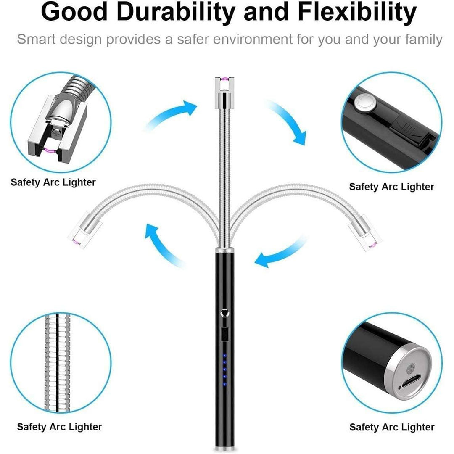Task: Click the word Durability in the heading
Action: [x=175, y=13]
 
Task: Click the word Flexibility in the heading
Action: [x=357, y=13]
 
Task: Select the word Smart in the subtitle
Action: [x=36, y=39]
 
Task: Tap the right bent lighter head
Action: [x=365, y=232]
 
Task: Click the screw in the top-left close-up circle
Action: [x=56, y=134]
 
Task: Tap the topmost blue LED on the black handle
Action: [x=224, y=356]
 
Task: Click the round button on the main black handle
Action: [x=224, y=313]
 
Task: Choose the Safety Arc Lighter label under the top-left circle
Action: [x=53, y=182]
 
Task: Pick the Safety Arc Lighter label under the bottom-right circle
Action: [x=392, y=427]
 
